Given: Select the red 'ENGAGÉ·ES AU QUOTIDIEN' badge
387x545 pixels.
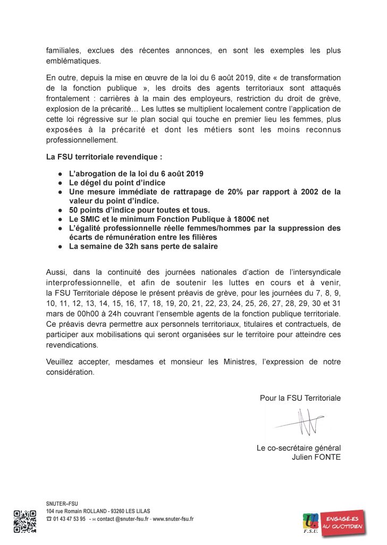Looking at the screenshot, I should pyautogui.click(x=345, y=522).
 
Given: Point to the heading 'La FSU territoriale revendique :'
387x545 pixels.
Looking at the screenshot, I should pyautogui.click(x=104, y=158).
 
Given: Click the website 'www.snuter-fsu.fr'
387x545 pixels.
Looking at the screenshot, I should pyautogui.click(x=173, y=519).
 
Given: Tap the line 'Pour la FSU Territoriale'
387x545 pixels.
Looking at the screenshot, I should pyautogui.click(x=300, y=398).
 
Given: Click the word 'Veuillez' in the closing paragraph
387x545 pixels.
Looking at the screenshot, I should pyautogui.click(x=62, y=362).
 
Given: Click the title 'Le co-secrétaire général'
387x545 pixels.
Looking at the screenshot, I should pyautogui.click(x=298, y=448).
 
